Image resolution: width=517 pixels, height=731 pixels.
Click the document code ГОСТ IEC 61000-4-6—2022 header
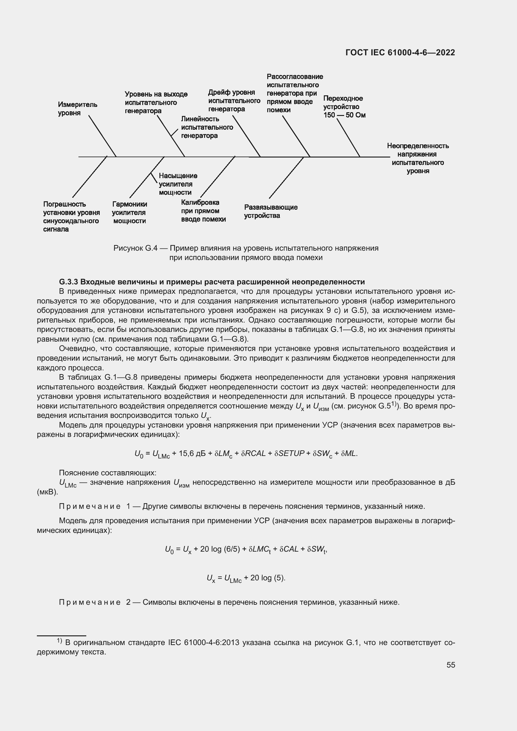400,53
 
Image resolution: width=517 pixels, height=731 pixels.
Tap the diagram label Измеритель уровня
77,109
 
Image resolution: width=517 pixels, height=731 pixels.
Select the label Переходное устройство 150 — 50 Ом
344,107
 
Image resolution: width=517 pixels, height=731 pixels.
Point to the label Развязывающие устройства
271,211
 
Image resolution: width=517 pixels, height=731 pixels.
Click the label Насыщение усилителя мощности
178,184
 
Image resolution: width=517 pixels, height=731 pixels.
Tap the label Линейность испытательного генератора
207,127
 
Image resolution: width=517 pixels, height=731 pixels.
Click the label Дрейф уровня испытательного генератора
234,101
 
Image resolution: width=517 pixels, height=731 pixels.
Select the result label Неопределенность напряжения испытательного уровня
418,158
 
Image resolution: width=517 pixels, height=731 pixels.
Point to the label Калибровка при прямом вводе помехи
203,211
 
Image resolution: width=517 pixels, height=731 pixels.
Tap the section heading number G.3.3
68,282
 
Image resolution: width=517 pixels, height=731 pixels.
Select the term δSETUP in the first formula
289,453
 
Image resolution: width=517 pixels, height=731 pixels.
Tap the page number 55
450,665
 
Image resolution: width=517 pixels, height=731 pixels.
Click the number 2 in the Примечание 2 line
128,602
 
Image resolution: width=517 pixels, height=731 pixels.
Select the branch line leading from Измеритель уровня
102,136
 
